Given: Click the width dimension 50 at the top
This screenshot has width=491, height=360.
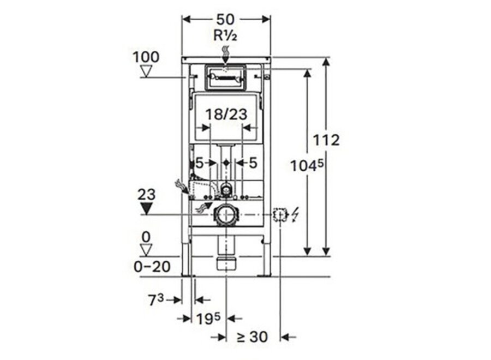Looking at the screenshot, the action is (225, 20).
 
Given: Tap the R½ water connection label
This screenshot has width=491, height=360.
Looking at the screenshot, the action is (225, 35).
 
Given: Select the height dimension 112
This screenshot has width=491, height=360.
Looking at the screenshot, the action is (327, 140).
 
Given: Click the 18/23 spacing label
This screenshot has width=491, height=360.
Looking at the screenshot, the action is (226, 114).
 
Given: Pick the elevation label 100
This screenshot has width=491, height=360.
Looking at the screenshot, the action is (146, 57).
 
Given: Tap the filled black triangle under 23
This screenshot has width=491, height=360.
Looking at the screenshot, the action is (146, 208).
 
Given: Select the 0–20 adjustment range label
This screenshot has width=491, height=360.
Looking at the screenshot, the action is (152, 267).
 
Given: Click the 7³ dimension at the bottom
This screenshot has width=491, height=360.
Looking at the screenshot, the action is (156, 300).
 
